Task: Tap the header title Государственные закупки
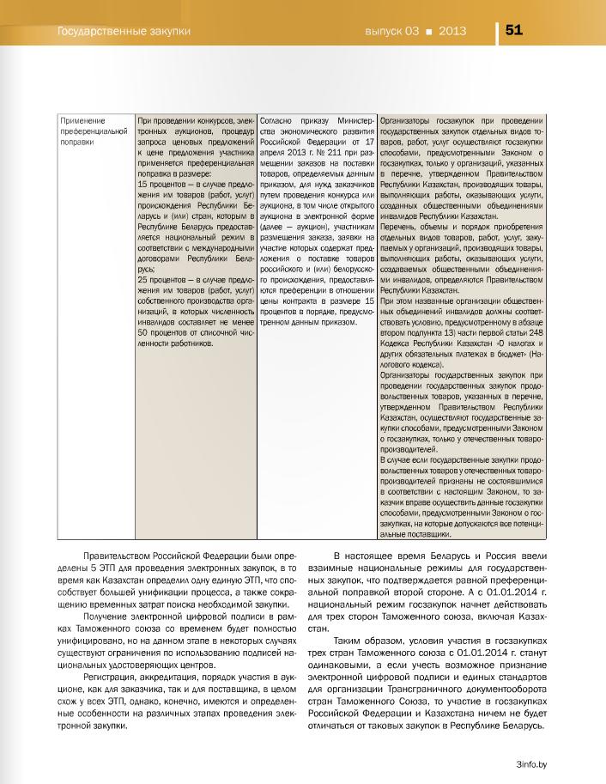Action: tap(122, 31)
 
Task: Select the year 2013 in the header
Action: tap(452, 31)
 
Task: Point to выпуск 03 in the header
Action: tap(391, 31)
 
